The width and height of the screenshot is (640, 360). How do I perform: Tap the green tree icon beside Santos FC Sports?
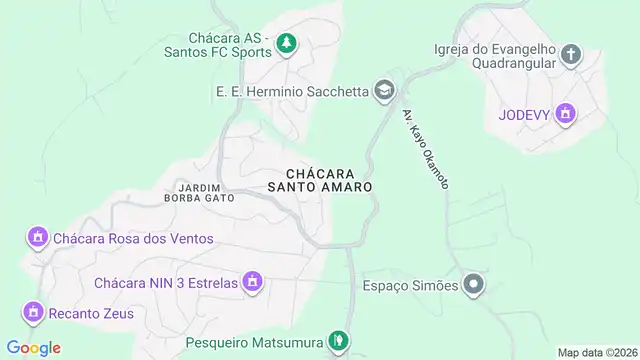[287, 42]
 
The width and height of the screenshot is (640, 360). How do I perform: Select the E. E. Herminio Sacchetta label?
[290, 91]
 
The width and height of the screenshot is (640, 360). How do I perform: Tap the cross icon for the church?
[570, 54]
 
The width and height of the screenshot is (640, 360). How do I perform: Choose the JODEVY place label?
[523, 114]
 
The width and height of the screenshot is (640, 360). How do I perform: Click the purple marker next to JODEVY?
[566, 114]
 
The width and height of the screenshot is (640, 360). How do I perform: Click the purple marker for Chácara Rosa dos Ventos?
[38, 238]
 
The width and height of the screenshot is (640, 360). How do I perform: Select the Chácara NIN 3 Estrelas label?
[166, 283]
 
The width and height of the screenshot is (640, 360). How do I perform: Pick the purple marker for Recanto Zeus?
[34, 313]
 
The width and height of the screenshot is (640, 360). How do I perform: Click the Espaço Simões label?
[410, 286]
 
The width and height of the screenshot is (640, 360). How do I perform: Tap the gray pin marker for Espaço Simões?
[474, 285]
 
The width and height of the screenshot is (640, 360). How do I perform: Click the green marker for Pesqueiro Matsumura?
[339, 342]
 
